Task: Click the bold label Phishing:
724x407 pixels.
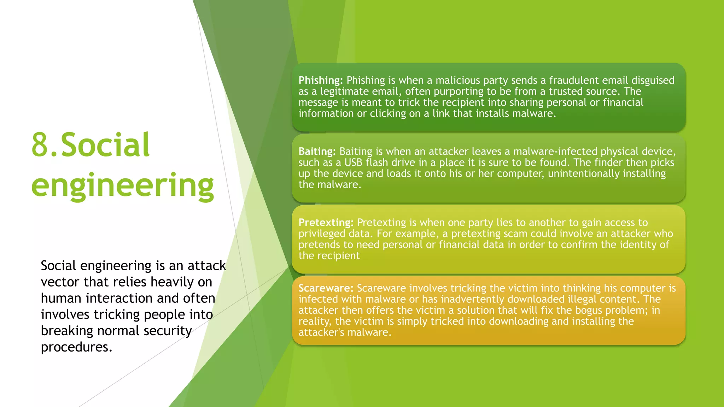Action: [x=320, y=81]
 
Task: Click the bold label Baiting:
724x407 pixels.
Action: [x=317, y=152]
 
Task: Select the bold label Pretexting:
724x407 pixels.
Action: [x=326, y=223]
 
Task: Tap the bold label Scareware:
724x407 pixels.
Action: [x=326, y=288]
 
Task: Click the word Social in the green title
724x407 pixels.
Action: [x=105, y=145]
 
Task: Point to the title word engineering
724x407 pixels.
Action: [x=122, y=185]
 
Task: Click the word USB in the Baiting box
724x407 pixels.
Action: [x=353, y=163]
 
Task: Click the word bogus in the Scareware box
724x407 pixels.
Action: [x=589, y=310]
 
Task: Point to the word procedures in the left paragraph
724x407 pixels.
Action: [x=76, y=347]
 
